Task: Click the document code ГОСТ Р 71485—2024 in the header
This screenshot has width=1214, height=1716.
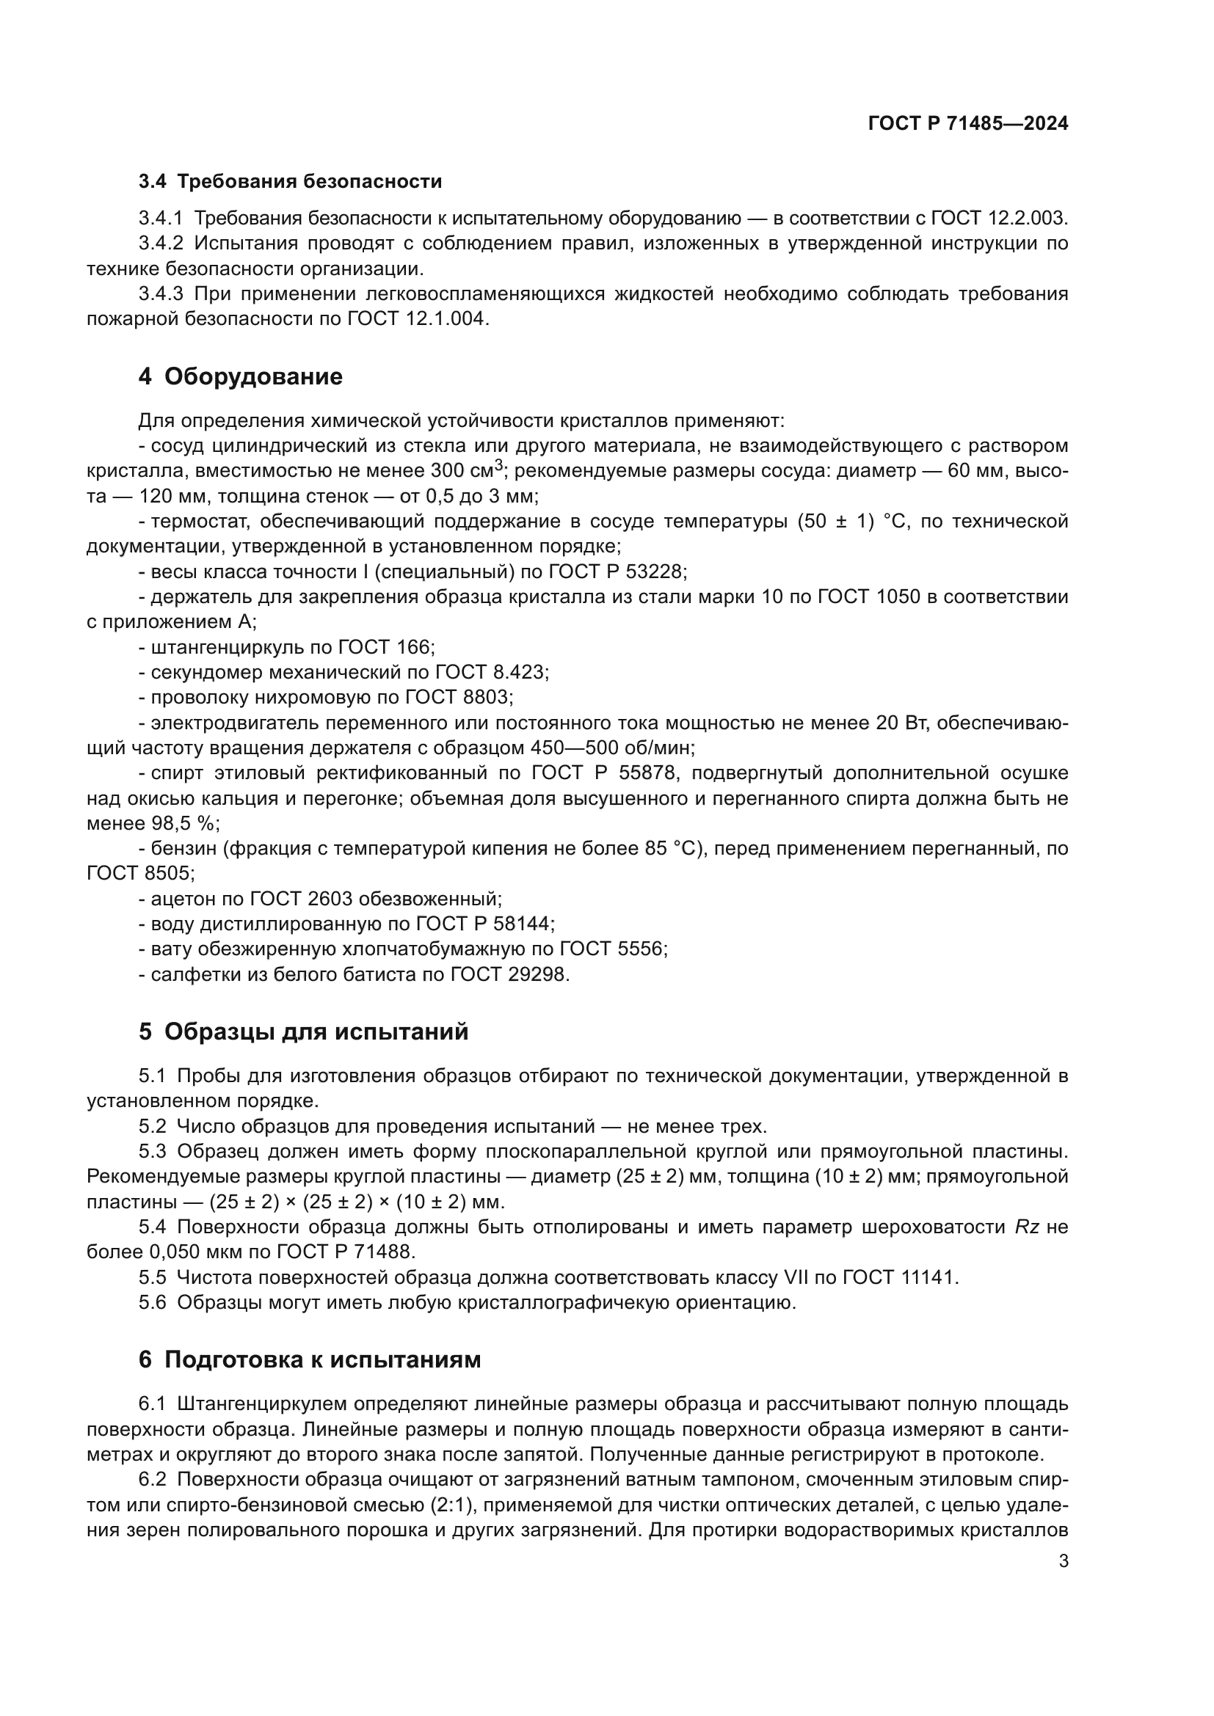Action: click(x=967, y=124)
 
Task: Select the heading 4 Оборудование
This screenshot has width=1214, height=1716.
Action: click(x=240, y=376)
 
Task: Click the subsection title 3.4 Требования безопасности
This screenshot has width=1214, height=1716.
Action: click(x=290, y=182)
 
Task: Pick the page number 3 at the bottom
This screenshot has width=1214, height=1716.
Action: click(x=1063, y=1561)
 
